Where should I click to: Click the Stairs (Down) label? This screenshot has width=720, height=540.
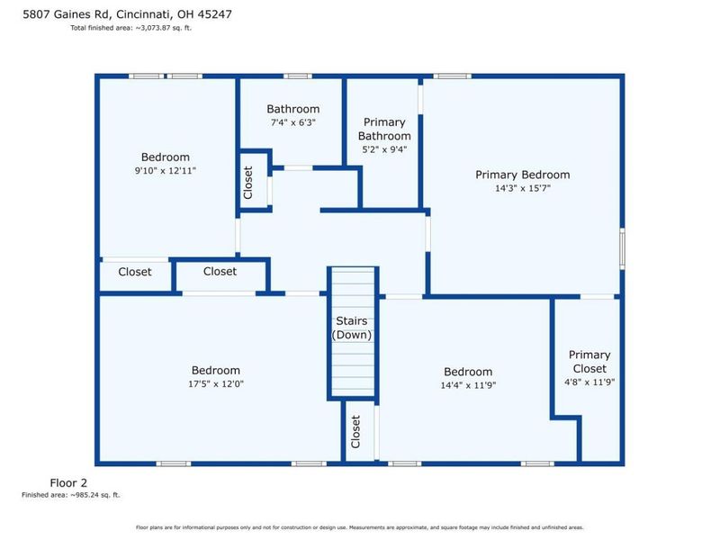pyautogui.click(x=352, y=328)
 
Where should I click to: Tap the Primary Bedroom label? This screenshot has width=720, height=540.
pyautogui.click(x=523, y=175)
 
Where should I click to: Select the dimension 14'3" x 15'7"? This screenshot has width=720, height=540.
pyautogui.click(x=523, y=188)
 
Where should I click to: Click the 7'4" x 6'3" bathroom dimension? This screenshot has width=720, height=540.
pyautogui.click(x=293, y=122)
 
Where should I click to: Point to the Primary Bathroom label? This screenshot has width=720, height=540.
pyautogui.click(x=384, y=129)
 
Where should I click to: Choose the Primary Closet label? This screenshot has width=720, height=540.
pyautogui.click(x=589, y=362)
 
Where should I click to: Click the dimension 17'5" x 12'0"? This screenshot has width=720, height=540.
pyautogui.click(x=216, y=383)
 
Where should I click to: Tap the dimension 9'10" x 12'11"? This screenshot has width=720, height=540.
pyautogui.click(x=166, y=170)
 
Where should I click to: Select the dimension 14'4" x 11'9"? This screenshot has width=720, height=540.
pyautogui.click(x=468, y=385)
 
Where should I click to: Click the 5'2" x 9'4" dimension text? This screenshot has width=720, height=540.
pyautogui.click(x=384, y=149)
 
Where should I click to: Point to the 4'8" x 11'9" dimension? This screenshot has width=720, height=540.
pyautogui.click(x=589, y=382)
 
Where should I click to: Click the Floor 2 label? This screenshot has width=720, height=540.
pyautogui.click(x=68, y=482)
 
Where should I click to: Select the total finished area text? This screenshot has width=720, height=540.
pyautogui.click(x=130, y=28)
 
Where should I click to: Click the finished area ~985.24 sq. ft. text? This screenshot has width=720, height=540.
pyautogui.click(x=71, y=494)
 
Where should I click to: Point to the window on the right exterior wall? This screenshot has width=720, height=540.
pyautogui.click(x=622, y=248)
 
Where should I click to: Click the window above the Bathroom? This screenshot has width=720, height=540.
pyautogui.click(x=298, y=76)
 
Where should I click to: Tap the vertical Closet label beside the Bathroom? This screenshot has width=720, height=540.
pyautogui.click(x=248, y=183)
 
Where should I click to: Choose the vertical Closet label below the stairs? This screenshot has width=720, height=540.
pyautogui.click(x=355, y=432)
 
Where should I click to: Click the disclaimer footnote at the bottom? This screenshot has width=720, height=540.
pyautogui.click(x=359, y=527)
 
